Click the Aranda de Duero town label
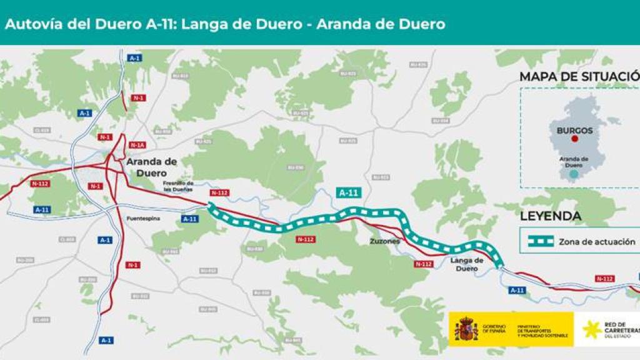151,167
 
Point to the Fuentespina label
144,219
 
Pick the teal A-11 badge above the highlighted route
349,192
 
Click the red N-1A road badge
137,145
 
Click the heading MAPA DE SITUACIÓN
577,77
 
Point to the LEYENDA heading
551,216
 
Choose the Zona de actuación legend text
596,241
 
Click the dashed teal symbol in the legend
540,241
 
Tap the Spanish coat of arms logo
466,329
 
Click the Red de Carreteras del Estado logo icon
591,329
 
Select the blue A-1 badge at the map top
134,58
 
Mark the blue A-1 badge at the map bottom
106,340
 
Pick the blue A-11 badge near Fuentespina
189,219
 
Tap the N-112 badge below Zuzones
424,264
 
